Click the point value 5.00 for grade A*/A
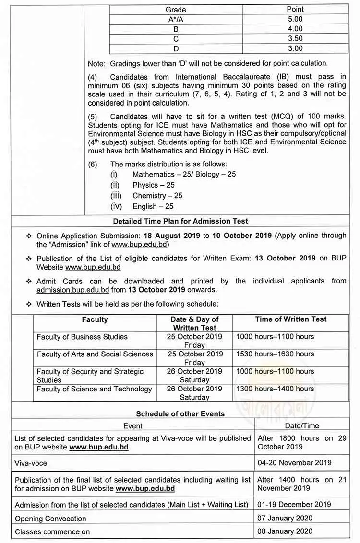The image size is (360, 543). click(295, 19)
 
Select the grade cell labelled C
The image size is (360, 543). click(176, 39)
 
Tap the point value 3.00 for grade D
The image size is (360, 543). click(295, 48)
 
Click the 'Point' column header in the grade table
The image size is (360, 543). click(295, 10)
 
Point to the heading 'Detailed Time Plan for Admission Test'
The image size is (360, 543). click(180, 221)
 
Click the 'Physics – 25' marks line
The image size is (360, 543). click(153, 185)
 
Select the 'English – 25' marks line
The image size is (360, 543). click(153, 206)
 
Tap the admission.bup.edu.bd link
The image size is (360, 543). click(73, 290)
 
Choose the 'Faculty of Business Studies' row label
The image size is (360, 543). click(82, 337)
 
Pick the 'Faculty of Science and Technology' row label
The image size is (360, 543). click(94, 389)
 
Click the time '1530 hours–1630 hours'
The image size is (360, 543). click(275, 354)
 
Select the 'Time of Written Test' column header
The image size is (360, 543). click(291, 319)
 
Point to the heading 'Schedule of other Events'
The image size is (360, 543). click(180, 413)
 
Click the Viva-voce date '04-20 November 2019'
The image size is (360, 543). click(295, 463)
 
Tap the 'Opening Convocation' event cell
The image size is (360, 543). click(50, 519)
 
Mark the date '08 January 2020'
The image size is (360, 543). click(285, 531)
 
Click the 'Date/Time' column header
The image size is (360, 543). click(302, 425)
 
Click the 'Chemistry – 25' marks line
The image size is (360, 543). click(157, 196)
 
